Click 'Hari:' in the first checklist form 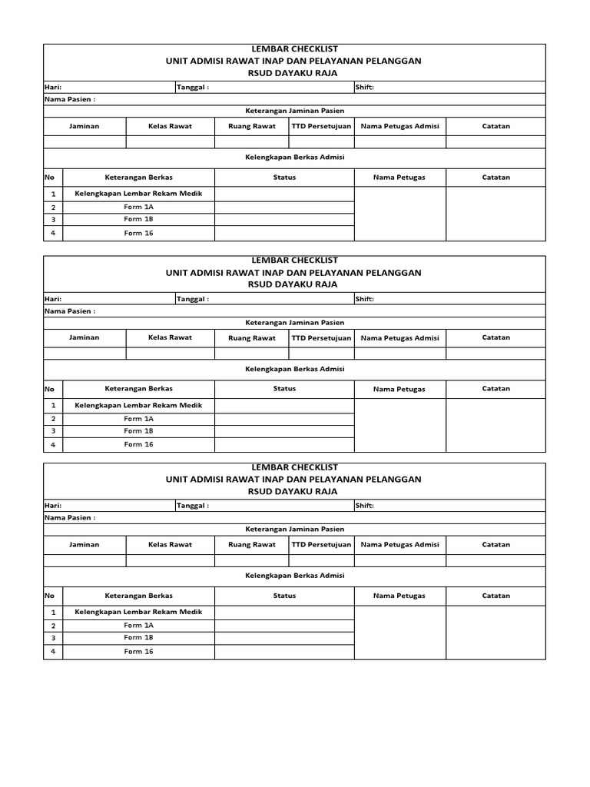point(53,88)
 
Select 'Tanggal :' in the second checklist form point(193,299)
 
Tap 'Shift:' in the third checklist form point(364,506)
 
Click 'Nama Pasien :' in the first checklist point(70,99)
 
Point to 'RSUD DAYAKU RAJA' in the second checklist point(293,284)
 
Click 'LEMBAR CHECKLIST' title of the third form point(293,467)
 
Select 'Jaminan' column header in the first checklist point(84,126)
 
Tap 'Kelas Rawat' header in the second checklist point(170,337)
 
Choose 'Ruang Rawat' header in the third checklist point(252,545)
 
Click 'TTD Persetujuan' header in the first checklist point(321,126)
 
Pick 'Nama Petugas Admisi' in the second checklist point(399,337)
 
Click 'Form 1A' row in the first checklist point(138,208)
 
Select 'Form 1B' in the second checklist point(138,431)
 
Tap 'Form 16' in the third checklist point(138,652)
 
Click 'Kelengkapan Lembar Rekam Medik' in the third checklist point(138,613)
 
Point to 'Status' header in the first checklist point(284,177)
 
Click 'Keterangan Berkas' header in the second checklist point(138,389)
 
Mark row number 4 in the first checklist point(53,234)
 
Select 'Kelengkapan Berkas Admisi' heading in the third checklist point(294,576)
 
